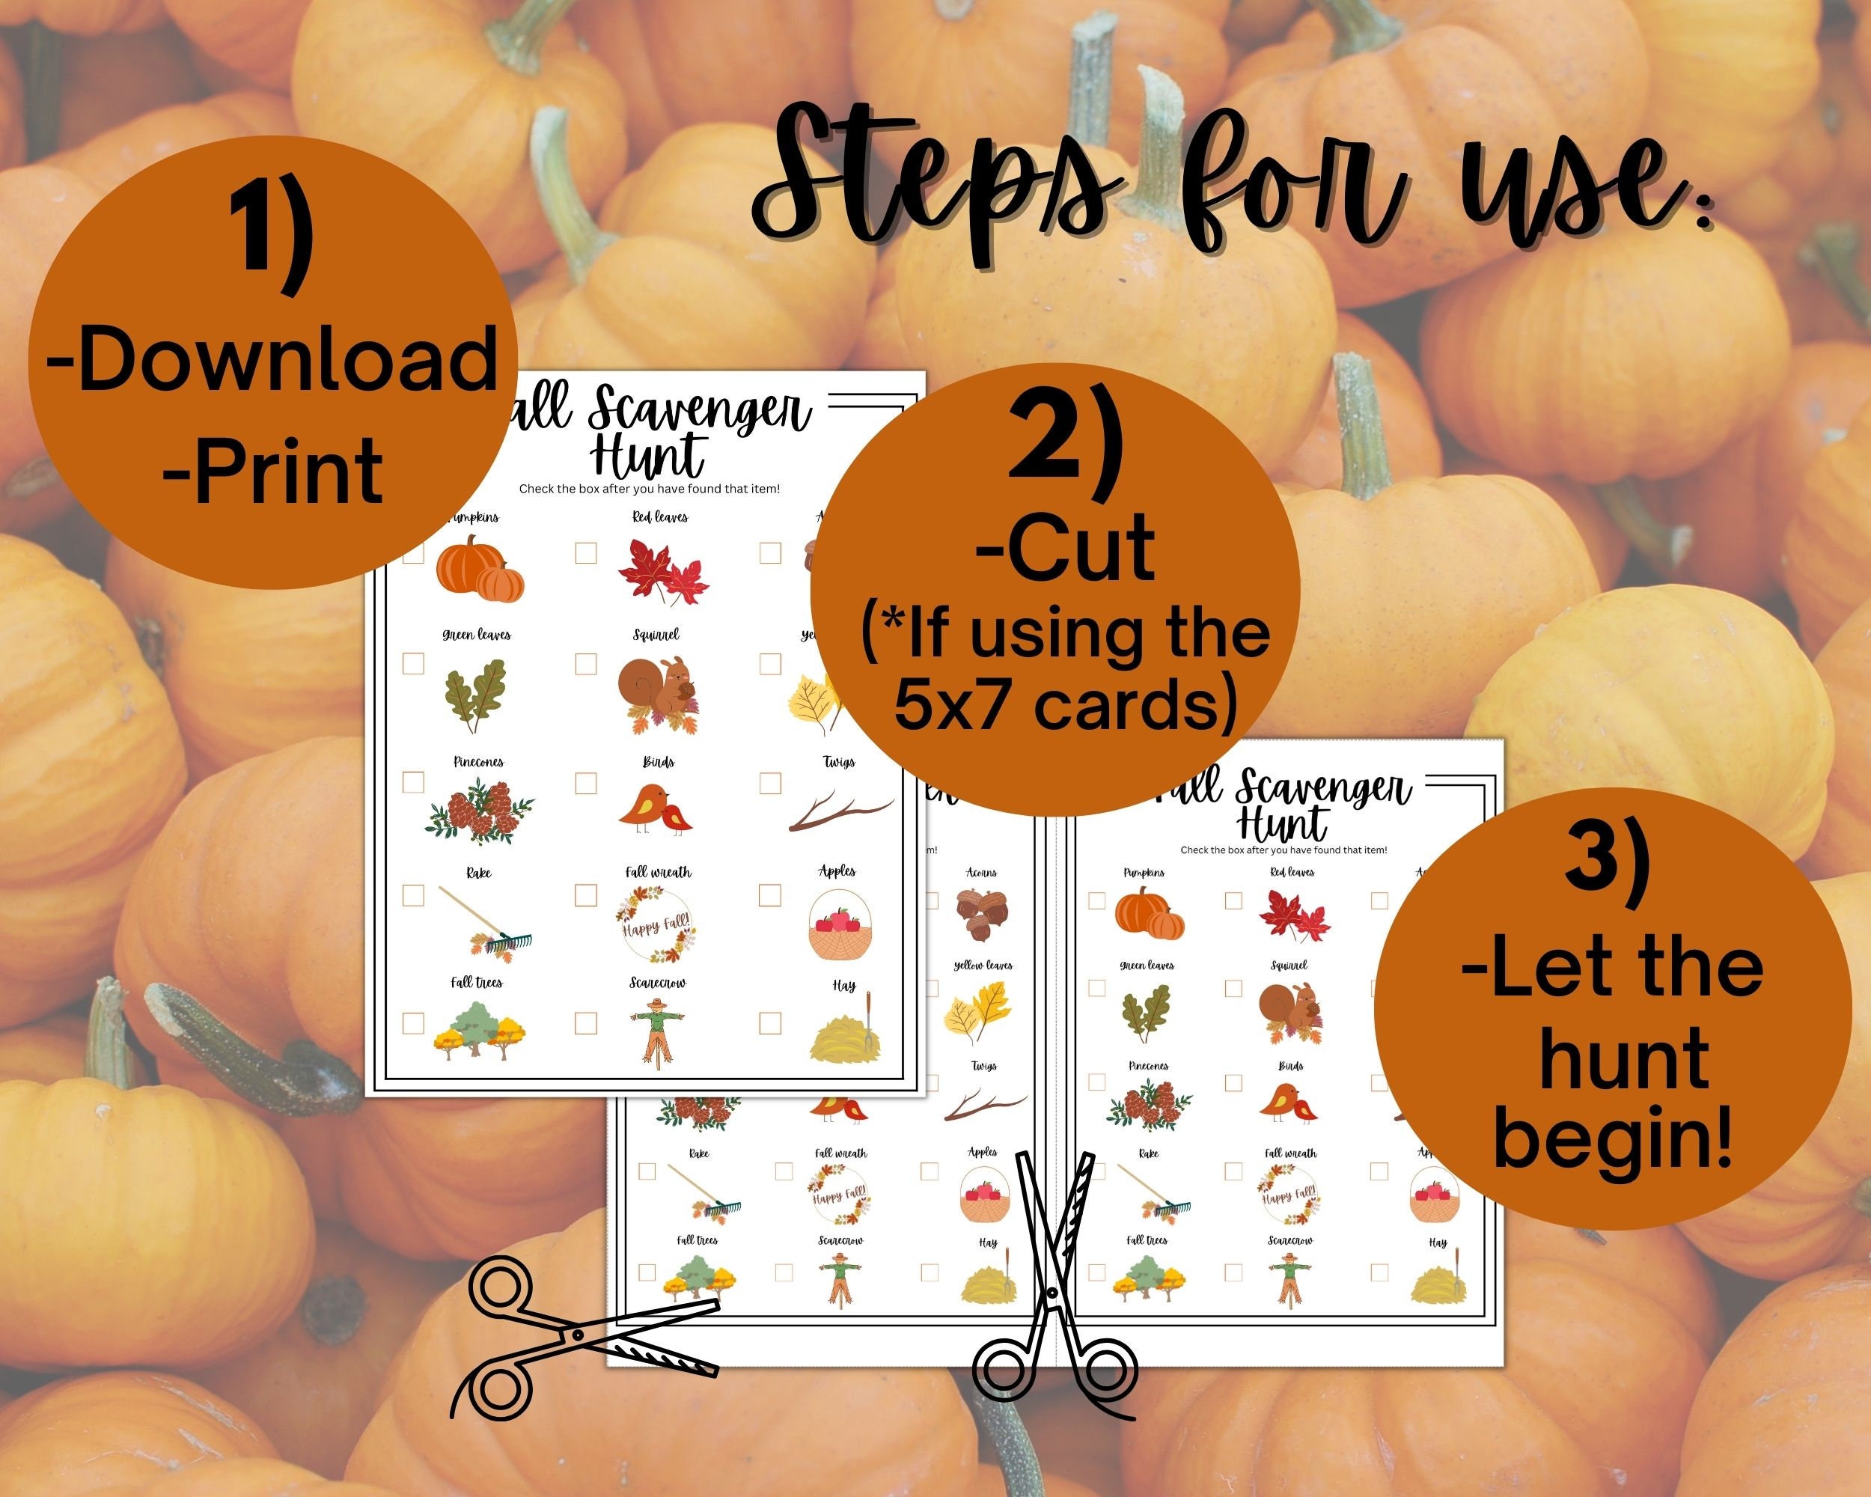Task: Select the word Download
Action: pyautogui.click(x=272, y=359)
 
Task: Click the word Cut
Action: pyautogui.click(x=1066, y=548)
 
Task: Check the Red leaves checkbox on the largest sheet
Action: pyautogui.click(x=586, y=553)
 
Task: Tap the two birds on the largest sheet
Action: pyautogui.click(x=656, y=810)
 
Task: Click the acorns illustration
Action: pyautogui.click(x=980, y=916)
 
